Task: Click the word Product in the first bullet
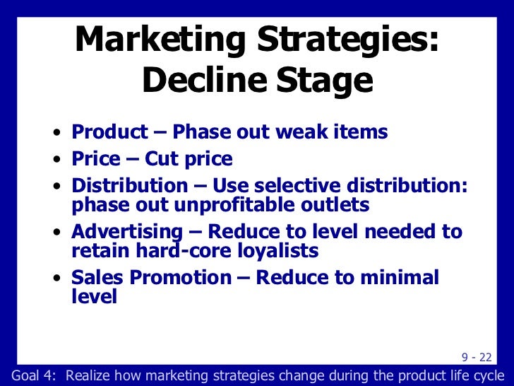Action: click(110, 131)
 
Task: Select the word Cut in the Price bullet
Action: click(162, 159)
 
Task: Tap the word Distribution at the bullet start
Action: click(129, 187)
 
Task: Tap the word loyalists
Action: click(280, 250)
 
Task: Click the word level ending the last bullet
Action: click(94, 296)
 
